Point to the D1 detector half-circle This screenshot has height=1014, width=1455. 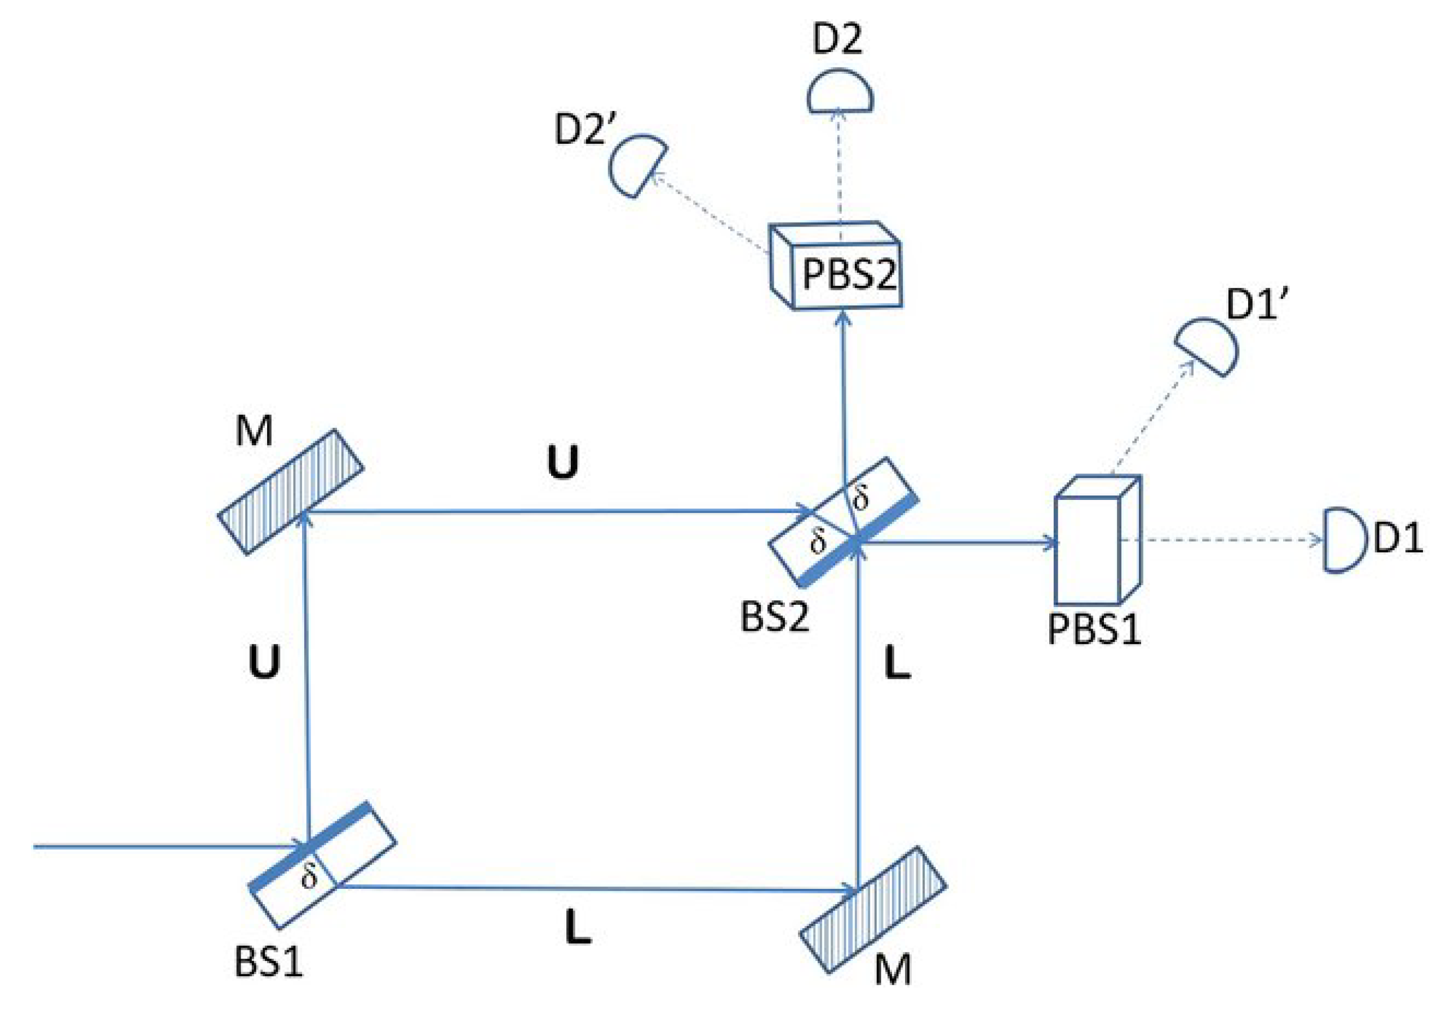[x=1342, y=541]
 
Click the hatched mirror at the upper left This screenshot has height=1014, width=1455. [x=291, y=493]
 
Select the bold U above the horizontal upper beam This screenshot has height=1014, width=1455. [x=563, y=462]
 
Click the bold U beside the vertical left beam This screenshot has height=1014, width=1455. [x=264, y=663]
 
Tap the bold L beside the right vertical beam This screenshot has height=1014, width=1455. [x=897, y=664]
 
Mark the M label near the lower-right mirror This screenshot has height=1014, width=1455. [x=893, y=970]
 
